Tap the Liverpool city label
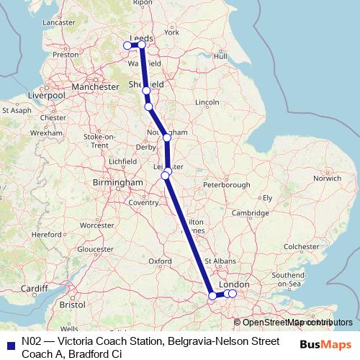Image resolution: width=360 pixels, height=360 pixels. tap(46, 95)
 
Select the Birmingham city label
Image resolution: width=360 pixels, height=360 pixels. tap(118, 183)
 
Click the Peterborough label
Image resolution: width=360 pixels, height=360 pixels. tap(225, 185)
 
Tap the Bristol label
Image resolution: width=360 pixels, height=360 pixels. tap(72, 305)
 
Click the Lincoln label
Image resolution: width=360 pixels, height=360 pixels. tap(207, 102)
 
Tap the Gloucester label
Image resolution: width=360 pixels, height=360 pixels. tap(96, 249)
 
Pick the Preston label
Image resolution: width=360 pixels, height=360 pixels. tap(65, 54)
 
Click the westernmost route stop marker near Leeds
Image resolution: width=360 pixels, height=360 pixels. tap(128, 45)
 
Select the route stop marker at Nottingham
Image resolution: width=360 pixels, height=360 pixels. tap(166, 137)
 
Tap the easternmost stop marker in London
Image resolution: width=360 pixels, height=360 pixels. tap(232, 293)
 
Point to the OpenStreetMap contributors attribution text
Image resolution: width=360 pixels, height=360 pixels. tap(295, 322)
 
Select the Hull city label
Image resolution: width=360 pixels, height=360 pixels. tap(221, 55)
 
